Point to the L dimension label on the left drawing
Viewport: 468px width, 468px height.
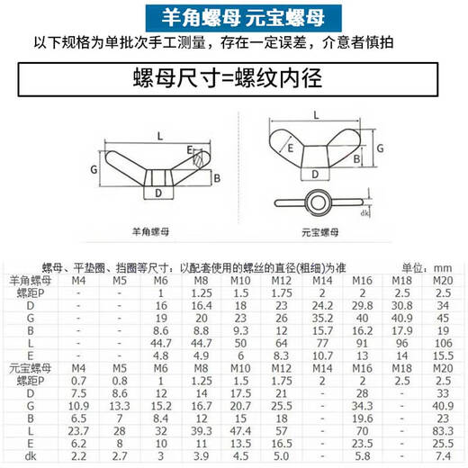(x=158, y=135)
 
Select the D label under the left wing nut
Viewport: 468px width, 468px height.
(x=158, y=193)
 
